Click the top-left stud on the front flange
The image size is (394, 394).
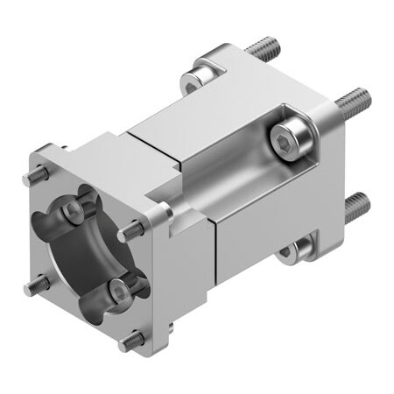(x=36, y=175)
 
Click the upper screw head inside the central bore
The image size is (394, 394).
(x=72, y=210)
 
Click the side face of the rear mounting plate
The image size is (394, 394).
(x=337, y=175)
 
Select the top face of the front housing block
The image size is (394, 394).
(x=105, y=158)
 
